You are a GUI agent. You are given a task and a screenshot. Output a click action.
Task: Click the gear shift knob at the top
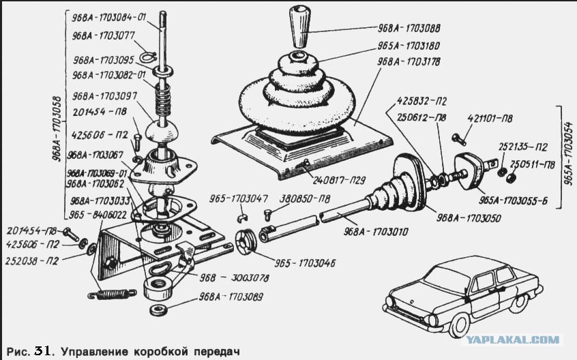299,27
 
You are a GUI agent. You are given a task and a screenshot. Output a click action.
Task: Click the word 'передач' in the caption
218,352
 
